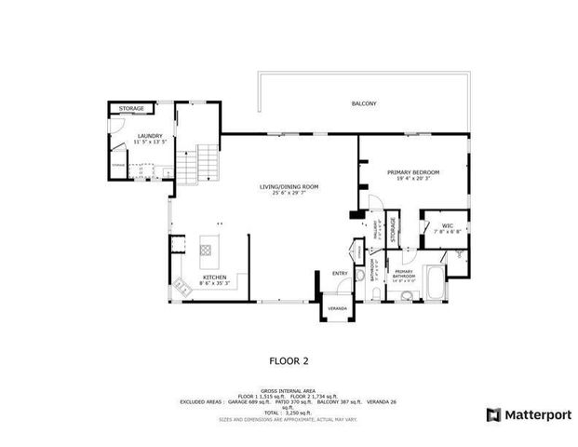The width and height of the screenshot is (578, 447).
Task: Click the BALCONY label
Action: [364, 103]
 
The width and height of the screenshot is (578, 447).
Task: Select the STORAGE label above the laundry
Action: [131, 109]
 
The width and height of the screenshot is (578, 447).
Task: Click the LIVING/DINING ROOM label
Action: [289, 186]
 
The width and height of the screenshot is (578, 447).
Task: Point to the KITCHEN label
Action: [215, 278]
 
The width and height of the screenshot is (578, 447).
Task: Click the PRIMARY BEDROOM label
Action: [413, 172]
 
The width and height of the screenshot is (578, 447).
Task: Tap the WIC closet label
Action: [447, 225]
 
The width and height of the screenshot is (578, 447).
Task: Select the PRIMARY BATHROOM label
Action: [404, 274]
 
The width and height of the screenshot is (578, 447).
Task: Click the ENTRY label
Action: [341, 273]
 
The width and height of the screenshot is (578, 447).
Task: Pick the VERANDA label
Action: [336, 307]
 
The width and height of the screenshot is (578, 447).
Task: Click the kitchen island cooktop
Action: [207, 250]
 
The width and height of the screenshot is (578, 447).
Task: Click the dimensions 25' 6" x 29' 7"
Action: [289, 194]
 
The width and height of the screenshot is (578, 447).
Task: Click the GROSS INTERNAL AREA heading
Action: [288, 389]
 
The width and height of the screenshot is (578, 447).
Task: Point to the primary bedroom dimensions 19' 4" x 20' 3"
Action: [413, 180]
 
